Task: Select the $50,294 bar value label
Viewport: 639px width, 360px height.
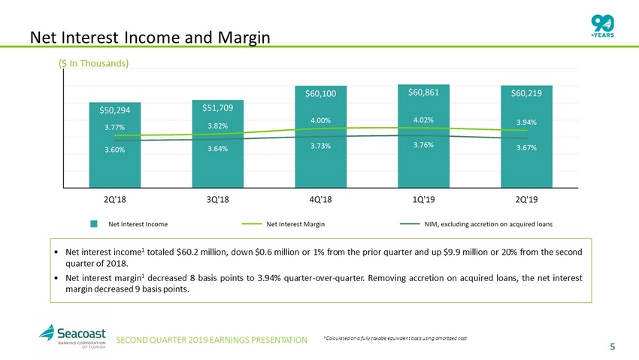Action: [114, 110]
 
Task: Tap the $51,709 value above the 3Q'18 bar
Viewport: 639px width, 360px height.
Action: [217, 107]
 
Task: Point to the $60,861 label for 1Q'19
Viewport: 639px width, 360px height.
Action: [423, 92]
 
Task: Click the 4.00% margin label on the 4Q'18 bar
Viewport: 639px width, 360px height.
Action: [320, 119]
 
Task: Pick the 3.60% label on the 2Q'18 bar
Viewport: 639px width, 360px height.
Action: [114, 150]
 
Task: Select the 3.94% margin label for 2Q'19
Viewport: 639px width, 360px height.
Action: [526, 122]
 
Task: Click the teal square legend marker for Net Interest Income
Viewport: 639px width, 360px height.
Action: [95, 224]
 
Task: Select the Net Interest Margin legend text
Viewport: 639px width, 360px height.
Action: [295, 224]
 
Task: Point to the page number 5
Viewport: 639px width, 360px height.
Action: [612, 346]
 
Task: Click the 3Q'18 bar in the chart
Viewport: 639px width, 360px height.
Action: [217, 158]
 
